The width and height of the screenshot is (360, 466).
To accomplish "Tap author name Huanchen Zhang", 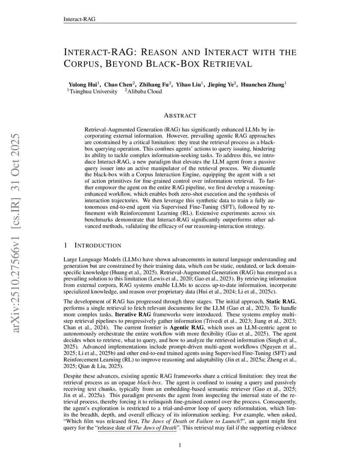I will point(263,84).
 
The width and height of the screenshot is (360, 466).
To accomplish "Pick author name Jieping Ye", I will point(221,84).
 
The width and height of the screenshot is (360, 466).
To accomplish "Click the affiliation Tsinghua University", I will point(93,91).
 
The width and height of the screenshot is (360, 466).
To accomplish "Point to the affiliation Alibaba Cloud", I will point(144,91).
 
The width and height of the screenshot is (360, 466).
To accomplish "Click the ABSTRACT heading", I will point(180,116).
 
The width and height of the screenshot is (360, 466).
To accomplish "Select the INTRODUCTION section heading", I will point(98,246).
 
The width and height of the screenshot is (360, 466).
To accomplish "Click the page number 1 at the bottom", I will point(180,445).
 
